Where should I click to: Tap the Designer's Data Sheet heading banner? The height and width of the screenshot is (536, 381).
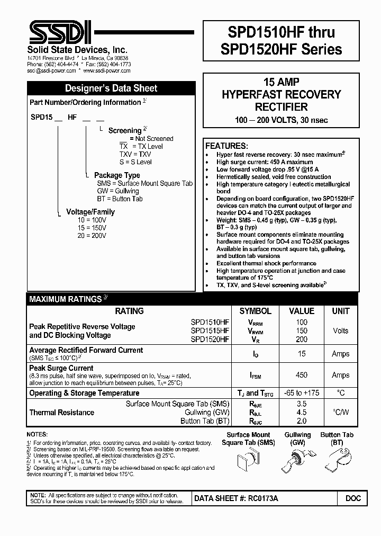click(111, 88)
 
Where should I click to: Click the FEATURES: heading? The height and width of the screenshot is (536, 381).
click(226, 146)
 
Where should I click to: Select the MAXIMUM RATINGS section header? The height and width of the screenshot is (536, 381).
click(68, 299)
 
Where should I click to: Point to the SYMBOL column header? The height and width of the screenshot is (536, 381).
click(255, 311)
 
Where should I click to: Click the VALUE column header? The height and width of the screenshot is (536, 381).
click(302, 311)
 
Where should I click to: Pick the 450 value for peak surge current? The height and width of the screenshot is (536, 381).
click(302, 375)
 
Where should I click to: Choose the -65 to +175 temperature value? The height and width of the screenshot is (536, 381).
click(302, 393)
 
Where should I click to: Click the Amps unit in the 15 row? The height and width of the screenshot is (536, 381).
click(340, 354)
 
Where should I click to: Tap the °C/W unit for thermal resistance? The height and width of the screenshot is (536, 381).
click(340, 412)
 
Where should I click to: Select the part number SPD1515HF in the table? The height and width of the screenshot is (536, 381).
click(210, 330)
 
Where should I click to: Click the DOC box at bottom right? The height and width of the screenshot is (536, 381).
click(353, 498)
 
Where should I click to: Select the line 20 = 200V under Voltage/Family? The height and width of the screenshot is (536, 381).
click(93, 236)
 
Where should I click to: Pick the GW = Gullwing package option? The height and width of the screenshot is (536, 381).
click(117, 191)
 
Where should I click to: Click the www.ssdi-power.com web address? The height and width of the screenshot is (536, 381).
click(107, 70)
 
